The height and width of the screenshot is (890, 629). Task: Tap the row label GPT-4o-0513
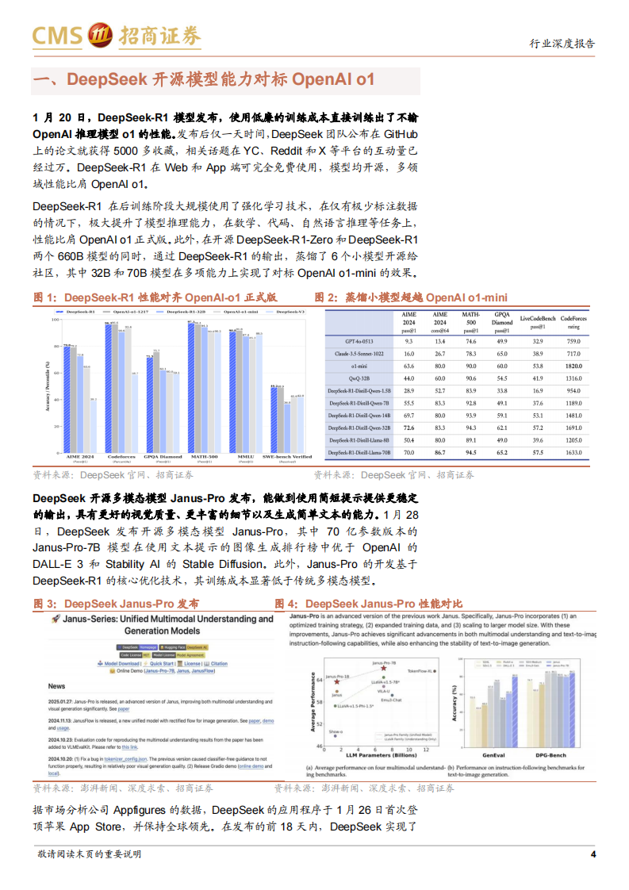(x=356, y=340)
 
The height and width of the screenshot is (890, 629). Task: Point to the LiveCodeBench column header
(x=537, y=321)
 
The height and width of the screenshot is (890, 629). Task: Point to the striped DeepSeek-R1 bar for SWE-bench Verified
(x=272, y=420)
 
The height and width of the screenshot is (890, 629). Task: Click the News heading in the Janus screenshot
(x=57, y=685)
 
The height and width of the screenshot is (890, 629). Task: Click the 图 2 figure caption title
(x=411, y=297)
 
